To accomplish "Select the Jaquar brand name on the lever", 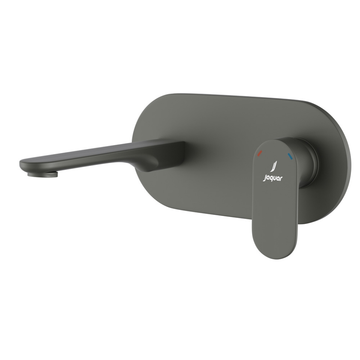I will [273, 178].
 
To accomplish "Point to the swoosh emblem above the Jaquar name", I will [274, 166].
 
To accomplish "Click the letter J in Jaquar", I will [265, 179].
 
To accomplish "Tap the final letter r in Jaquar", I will [282, 178].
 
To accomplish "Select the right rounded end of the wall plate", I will [343, 161].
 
